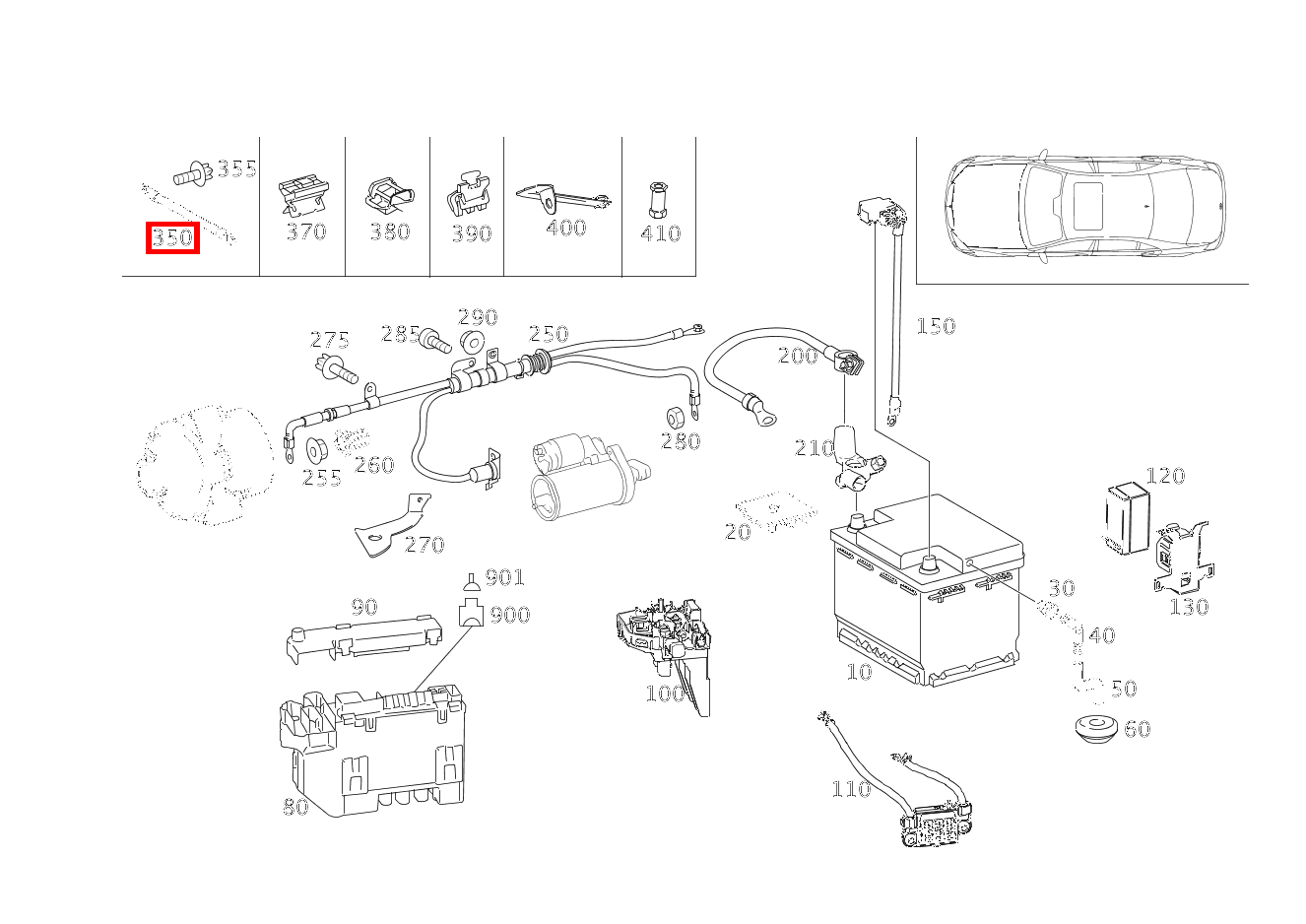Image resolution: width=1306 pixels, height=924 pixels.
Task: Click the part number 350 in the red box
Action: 172,237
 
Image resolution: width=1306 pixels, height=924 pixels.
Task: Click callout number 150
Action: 935,326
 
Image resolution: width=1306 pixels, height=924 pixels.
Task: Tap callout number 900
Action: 509,615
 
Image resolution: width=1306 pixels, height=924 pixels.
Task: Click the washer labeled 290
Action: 472,343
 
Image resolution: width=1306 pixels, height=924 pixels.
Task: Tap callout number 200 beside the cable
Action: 797,356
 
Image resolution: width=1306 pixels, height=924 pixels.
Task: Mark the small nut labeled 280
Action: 677,415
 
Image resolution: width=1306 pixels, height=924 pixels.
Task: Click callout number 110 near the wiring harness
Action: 850,788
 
